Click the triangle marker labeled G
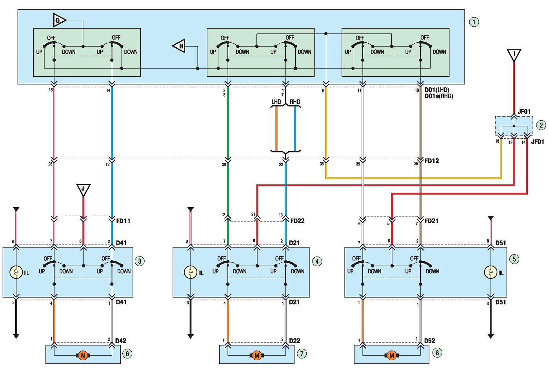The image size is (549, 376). pos(59,20)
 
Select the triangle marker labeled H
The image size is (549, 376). pos(180,45)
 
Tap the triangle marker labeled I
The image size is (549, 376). pos(514,56)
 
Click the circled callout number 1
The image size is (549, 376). pos(474,22)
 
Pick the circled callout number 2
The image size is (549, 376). pos(541,125)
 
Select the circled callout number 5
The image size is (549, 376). pos(514,259)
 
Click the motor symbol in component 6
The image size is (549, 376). pos(83,356)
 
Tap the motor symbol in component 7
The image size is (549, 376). pos(256,356)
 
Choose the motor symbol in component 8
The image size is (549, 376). pos(391,356)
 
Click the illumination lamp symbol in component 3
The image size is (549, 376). pos(16,273)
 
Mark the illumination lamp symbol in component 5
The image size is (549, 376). pos(491,273)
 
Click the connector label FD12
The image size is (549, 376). pos(432,161)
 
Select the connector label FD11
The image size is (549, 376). pos(123,221)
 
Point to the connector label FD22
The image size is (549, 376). pos(297,221)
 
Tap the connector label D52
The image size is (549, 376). pos(429,341)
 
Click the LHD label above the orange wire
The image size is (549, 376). pos(276,102)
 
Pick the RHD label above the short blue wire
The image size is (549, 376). pos(295,102)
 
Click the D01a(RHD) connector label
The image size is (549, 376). pos(439,96)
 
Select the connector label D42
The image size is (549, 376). pos(121,341)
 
